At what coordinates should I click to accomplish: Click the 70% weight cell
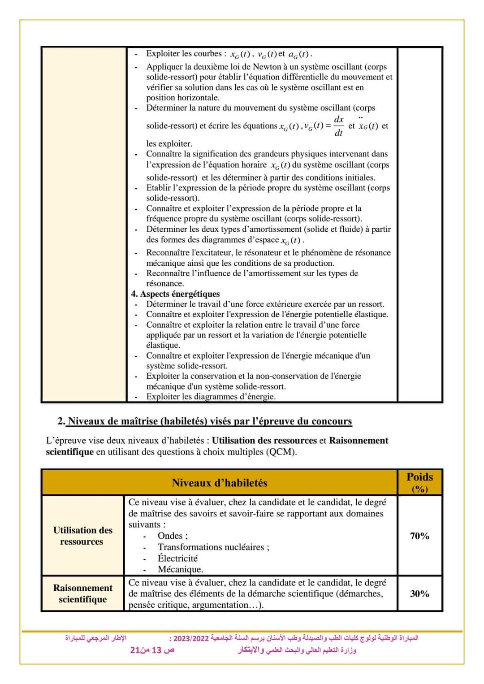[x=419, y=536]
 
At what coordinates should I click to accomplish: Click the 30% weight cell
[x=419, y=593]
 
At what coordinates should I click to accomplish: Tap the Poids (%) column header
[x=419, y=482]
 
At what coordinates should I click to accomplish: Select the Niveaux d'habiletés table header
[x=219, y=483]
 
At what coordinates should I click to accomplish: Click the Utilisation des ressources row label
[x=82, y=536]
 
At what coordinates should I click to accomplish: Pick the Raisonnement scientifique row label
[x=82, y=593]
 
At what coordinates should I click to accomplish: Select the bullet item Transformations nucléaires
[x=213, y=547]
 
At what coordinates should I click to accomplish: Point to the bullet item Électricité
[x=177, y=558]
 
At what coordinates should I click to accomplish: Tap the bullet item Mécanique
[x=180, y=569]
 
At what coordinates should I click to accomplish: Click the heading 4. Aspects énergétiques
[x=175, y=294]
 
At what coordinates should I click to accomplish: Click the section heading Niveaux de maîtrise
[x=210, y=421]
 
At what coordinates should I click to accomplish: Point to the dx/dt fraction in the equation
[x=339, y=126]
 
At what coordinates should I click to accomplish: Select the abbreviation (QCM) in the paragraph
[x=281, y=452]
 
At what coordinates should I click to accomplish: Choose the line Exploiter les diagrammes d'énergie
[x=211, y=396]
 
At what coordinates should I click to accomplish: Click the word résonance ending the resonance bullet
[x=165, y=283]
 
